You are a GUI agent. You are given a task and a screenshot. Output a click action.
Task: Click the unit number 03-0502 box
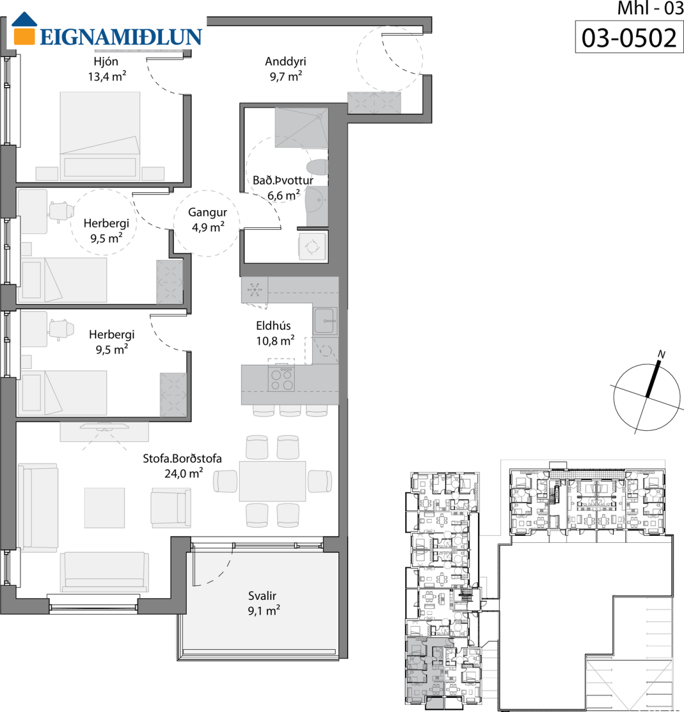pos(629,37)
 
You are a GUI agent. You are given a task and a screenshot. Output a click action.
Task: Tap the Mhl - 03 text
pos(650,8)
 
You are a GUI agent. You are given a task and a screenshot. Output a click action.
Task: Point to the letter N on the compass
pos(661,354)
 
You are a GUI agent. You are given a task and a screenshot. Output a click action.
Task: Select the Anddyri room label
pos(285,62)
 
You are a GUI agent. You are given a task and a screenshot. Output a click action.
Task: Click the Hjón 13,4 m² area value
pos(107,77)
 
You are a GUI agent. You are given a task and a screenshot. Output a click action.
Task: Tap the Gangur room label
pos(208,212)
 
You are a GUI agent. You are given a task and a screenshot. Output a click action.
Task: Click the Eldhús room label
pos(273,326)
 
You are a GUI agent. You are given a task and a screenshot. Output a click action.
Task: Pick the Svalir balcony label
pos(262,596)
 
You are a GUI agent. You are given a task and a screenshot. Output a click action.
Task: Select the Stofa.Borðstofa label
pos(182,459)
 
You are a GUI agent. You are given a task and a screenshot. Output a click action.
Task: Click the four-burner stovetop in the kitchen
pos(281,379)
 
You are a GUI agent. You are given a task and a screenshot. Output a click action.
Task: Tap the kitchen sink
pos(324,321)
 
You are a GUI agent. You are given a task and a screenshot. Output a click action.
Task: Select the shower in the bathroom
pos(301,128)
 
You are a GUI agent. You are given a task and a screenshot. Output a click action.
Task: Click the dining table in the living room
pos(272,481)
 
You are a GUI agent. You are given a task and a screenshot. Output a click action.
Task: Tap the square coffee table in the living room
pos(104,508)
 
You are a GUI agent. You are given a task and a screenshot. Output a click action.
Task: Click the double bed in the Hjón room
pos(100,136)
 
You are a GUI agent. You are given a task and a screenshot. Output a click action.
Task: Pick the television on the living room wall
pos(104,425)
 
